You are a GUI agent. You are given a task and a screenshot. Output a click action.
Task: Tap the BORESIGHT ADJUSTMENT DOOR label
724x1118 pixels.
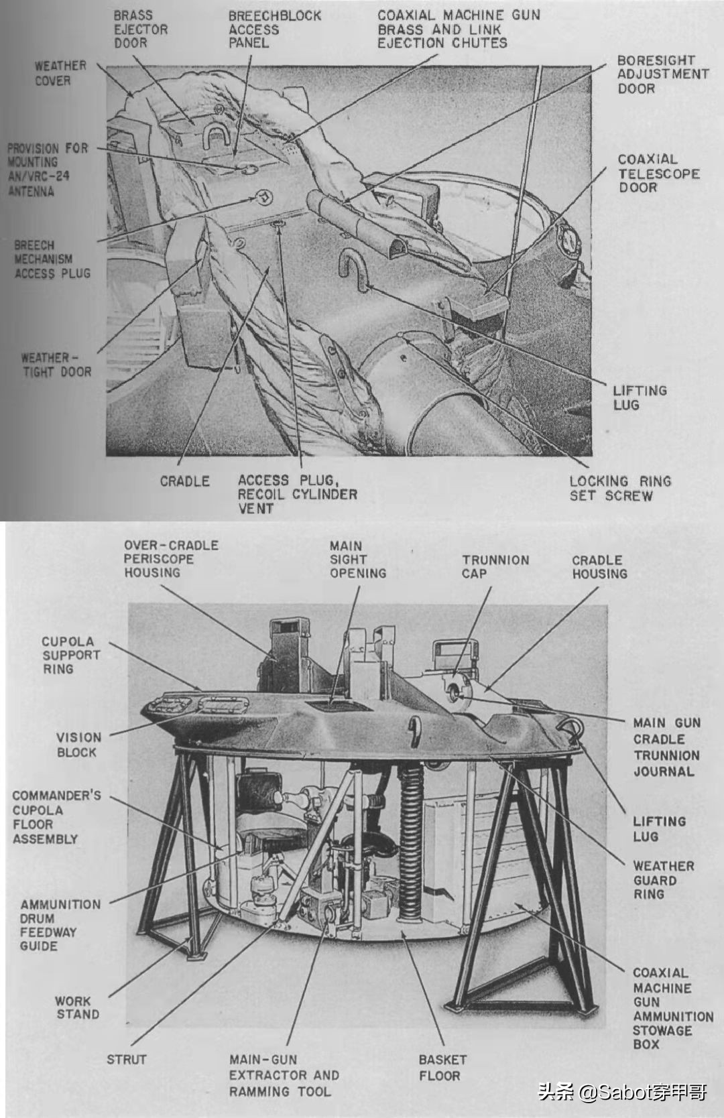pyautogui.click(x=662, y=74)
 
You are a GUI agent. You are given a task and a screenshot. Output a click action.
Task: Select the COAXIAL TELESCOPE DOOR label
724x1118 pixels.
pyautogui.click(x=658, y=174)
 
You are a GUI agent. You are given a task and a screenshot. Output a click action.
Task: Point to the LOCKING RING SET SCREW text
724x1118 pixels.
pyautogui.click(x=619, y=489)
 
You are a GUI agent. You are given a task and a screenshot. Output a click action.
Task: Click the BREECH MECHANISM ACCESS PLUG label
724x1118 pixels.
pyautogui.click(x=52, y=259)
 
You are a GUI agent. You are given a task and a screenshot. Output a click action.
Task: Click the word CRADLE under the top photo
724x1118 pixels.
pyautogui.click(x=184, y=481)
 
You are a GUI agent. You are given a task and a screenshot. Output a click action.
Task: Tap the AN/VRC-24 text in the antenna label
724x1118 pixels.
pyautogui.click(x=38, y=177)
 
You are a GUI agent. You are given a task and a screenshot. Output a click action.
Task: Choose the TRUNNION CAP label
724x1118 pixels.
pyautogui.click(x=495, y=566)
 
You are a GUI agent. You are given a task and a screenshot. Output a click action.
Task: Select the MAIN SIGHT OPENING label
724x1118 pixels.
pyautogui.click(x=357, y=560)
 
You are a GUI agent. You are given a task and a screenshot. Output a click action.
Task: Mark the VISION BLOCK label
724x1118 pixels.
pyautogui.click(x=78, y=745)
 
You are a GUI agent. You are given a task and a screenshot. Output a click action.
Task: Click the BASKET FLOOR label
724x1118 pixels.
pyautogui.click(x=442, y=1068)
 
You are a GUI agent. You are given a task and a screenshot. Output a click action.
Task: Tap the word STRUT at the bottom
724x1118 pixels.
pyautogui.click(x=126, y=1060)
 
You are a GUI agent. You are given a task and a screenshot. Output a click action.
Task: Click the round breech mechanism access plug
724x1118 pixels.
pyautogui.click(x=265, y=197)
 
